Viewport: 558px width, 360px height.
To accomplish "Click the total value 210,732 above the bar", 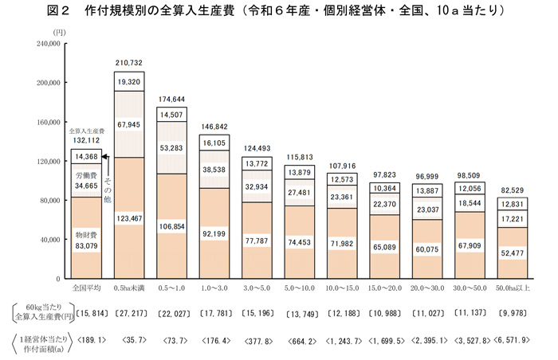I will (128, 62).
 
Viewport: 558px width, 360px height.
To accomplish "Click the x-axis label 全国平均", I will (85, 286).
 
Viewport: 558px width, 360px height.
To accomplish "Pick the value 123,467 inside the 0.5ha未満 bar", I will (128, 217).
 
